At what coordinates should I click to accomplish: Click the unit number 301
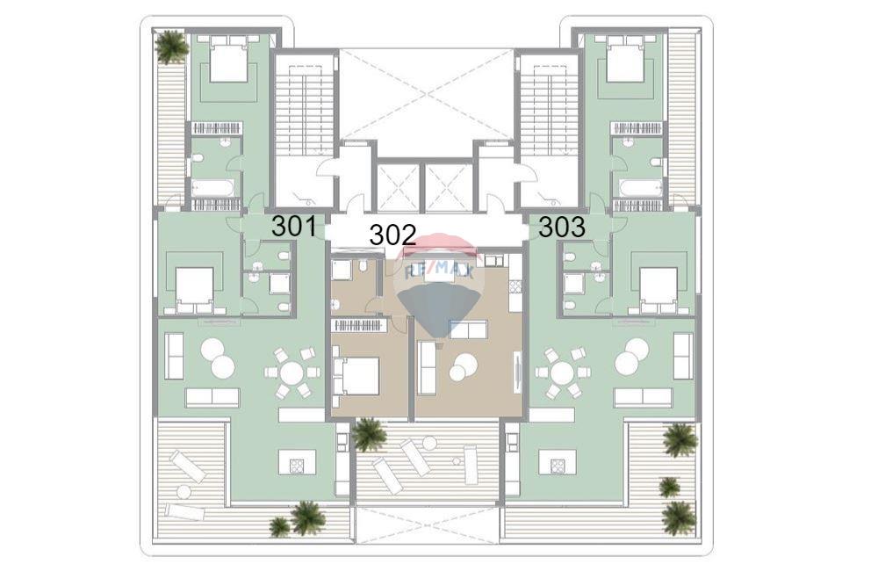coord(293,227)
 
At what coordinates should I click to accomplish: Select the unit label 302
coord(392,235)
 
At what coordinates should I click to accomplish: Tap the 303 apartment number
coord(562,228)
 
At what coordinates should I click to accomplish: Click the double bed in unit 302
coord(356,376)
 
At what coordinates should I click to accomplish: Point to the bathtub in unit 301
coord(212,188)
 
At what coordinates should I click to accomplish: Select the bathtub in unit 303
coord(642,188)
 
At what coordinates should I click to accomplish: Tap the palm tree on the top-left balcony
coord(172,46)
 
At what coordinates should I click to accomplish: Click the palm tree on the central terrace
coord(369,434)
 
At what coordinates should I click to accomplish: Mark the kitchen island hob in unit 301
coord(296,465)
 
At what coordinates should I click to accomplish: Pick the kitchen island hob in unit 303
coord(557,465)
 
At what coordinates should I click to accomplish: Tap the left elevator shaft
coord(398,188)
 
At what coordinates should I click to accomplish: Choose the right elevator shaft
coord(446,188)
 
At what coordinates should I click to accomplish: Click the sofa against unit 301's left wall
coord(175,357)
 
